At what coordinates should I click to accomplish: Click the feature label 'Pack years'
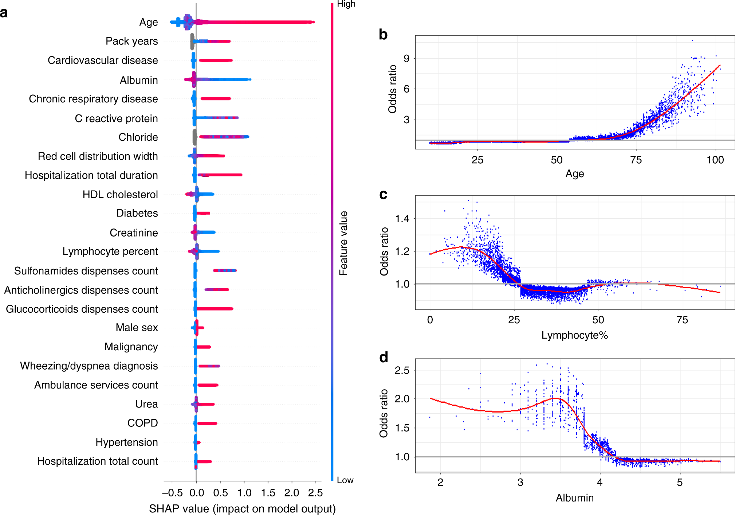coord(131,41)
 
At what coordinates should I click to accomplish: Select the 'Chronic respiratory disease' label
coord(93,99)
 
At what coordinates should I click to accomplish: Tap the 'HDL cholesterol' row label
coord(120,194)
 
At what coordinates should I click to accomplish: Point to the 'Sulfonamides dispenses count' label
coord(86,271)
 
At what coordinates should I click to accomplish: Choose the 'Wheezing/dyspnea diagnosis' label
coord(89,366)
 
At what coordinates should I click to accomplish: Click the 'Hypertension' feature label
coord(126,442)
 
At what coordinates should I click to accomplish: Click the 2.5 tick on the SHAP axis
coord(315,493)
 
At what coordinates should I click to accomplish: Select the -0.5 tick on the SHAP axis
coord(172,493)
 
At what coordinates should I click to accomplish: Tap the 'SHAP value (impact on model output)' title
coord(242,508)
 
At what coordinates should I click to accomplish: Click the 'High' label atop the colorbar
coord(346,4)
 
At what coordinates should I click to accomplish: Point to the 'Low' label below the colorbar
coord(345,480)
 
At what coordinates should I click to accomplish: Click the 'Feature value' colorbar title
coord(343,243)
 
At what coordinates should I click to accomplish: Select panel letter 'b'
coord(383,35)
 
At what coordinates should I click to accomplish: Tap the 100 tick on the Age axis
coord(715,160)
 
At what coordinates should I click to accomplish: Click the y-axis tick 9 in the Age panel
coord(406,58)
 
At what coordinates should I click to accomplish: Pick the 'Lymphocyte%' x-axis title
coord(574,335)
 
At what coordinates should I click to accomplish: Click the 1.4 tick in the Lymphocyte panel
coord(402,218)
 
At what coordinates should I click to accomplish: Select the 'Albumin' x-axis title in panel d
coord(574,498)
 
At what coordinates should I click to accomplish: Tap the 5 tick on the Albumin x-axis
coord(680,482)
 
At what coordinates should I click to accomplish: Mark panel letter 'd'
coord(384,358)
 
